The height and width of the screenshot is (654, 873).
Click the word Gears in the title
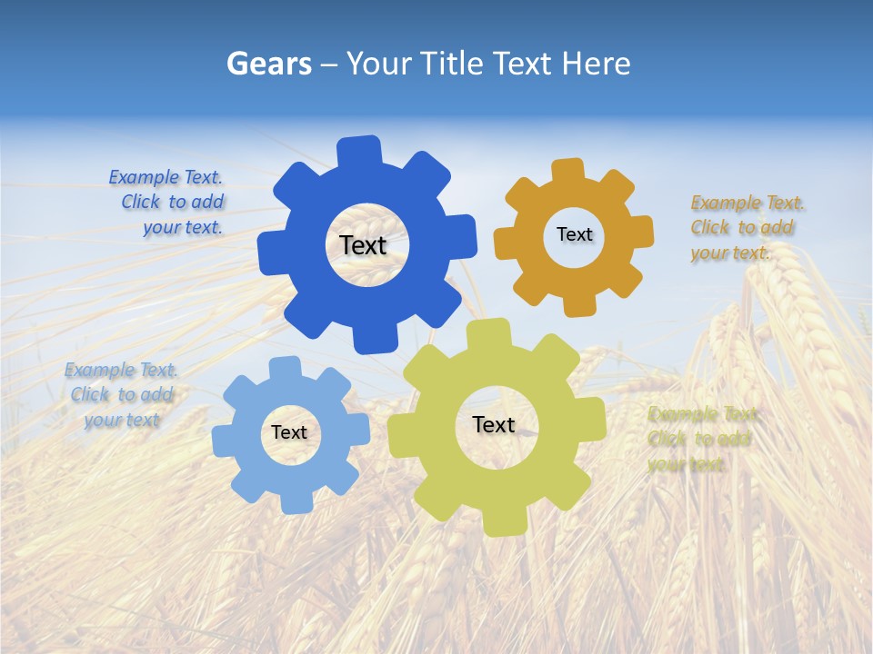click(268, 64)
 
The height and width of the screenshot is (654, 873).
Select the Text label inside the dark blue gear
click(363, 245)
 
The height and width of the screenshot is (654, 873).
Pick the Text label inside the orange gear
click(574, 234)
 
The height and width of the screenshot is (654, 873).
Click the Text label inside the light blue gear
click(288, 432)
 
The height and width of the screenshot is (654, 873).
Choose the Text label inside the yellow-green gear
click(494, 424)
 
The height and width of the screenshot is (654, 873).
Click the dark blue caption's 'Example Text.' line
click(166, 177)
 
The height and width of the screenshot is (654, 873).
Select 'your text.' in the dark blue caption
click(183, 228)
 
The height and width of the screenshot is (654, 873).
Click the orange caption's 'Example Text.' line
click(748, 203)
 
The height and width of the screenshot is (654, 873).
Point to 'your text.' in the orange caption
click(730, 253)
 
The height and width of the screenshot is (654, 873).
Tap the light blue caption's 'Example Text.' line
click(121, 370)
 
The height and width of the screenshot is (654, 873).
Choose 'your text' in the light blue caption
click(122, 420)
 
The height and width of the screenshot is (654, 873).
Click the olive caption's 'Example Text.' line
click(702, 414)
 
